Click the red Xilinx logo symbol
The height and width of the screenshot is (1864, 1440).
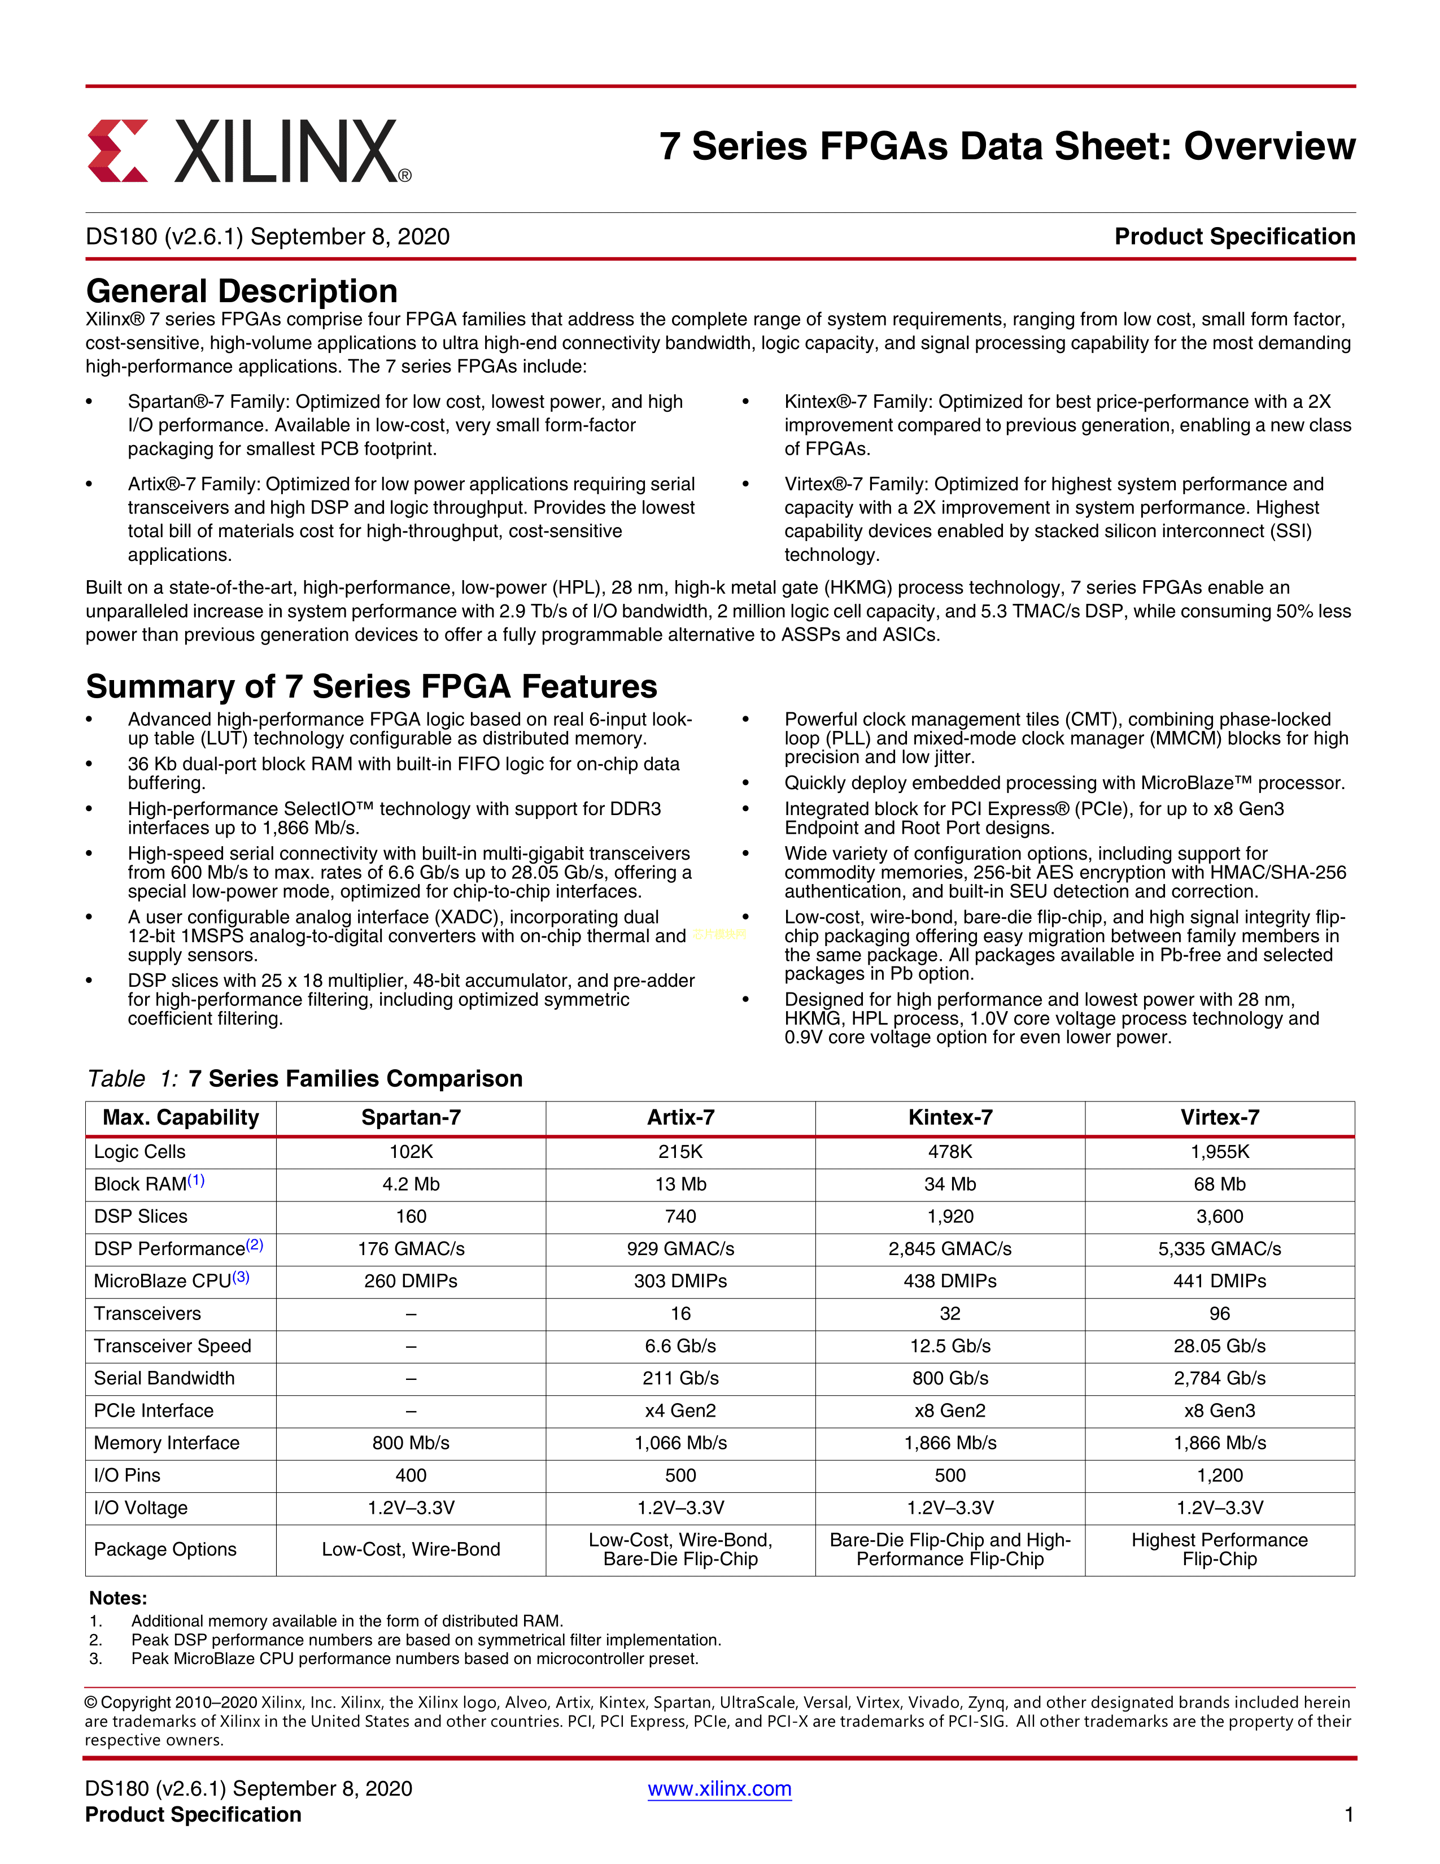tap(117, 150)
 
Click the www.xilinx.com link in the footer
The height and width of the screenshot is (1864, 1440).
tap(719, 1788)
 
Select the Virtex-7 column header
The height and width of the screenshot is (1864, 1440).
tap(1219, 1117)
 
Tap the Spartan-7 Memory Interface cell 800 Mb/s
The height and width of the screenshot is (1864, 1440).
tap(411, 1443)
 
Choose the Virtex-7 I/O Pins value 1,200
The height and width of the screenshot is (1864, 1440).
tap(1219, 1475)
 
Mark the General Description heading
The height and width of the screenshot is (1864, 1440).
tap(242, 291)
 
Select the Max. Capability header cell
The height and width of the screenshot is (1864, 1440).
tap(181, 1117)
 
